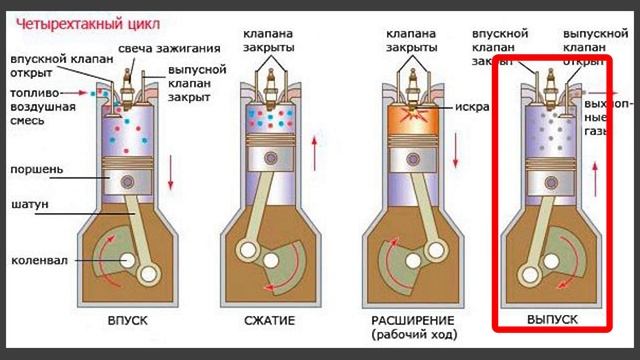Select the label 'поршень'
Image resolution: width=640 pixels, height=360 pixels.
tap(37, 170)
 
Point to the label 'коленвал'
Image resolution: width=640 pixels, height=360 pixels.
tap(39, 262)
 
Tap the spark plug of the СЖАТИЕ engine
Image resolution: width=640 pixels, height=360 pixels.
tap(271, 69)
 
